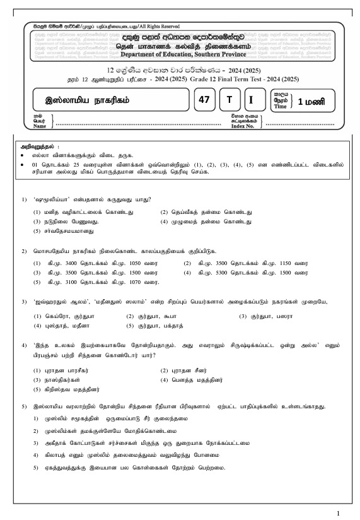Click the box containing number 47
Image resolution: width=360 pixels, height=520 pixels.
[204, 100]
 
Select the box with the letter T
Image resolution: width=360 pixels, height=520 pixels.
[229, 100]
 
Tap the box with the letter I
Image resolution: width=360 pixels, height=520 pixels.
[252, 100]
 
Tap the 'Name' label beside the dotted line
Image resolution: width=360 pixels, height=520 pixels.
[40, 126]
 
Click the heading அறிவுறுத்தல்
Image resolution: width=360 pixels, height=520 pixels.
[38, 146]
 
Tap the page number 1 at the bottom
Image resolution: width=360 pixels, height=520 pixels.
[339, 512]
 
